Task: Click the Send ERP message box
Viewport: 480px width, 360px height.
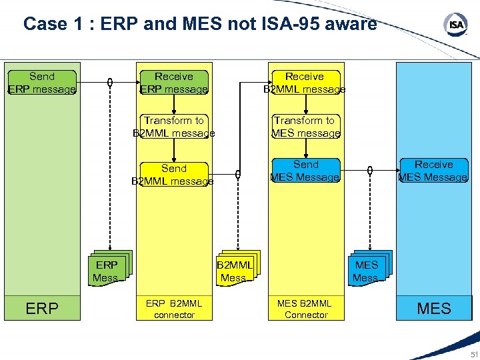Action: pyautogui.click(x=41, y=83)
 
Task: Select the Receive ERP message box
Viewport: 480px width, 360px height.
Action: pyautogui.click(x=173, y=83)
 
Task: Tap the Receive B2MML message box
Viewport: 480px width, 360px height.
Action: pyautogui.click(x=305, y=83)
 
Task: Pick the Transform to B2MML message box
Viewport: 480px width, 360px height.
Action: pyautogui.click(x=173, y=127)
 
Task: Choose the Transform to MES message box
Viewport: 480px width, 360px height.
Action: pyautogui.click(x=306, y=127)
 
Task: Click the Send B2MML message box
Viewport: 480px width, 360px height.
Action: pyautogui.click(x=173, y=175)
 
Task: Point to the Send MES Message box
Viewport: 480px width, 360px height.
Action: pyautogui.click(x=306, y=171)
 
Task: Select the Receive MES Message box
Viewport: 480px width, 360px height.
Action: pyautogui.click(x=433, y=171)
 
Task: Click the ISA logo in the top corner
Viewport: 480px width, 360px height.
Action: pyautogui.click(x=456, y=25)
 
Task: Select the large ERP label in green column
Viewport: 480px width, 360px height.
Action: pyautogui.click(x=41, y=309)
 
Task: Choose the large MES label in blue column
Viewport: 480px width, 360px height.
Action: pyautogui.click(x=434, y=309)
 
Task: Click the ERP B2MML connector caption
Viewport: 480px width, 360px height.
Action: pyautogui.click(x=173, y=309)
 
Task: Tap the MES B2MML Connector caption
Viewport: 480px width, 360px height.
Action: pyautogui.click(x=306, y=309)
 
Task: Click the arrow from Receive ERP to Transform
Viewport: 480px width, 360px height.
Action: pyautogui.click(x=174, y=103)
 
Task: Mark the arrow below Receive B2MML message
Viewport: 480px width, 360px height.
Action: pyautogui.click(x=305, y=103)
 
